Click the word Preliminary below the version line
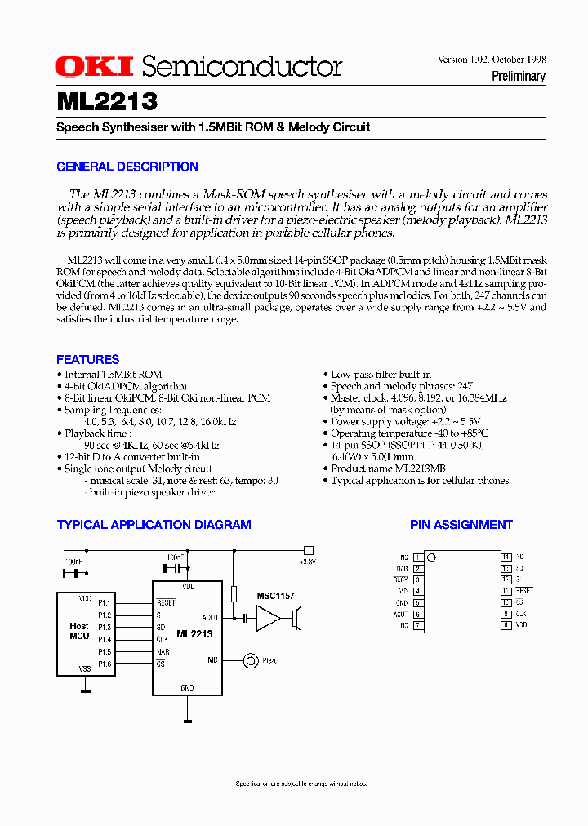coord(518,77)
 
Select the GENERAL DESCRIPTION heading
coord(127,167)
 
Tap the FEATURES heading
coord(88,359)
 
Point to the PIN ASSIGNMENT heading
coord(461,525)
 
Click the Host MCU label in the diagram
coord(78,632)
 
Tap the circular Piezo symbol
coord(249,659)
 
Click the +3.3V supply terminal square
coord(308,550)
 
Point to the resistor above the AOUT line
coord(234,593)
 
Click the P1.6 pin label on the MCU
coord(105,665)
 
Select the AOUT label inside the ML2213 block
coord(210,618)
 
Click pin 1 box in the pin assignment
coord(417,557)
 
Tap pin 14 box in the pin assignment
coord(506,557)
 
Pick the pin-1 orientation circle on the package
coord(431,557)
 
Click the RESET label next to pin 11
coord(523,591)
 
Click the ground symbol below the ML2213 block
coord(188,722)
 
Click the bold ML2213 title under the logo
coord(107,101)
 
